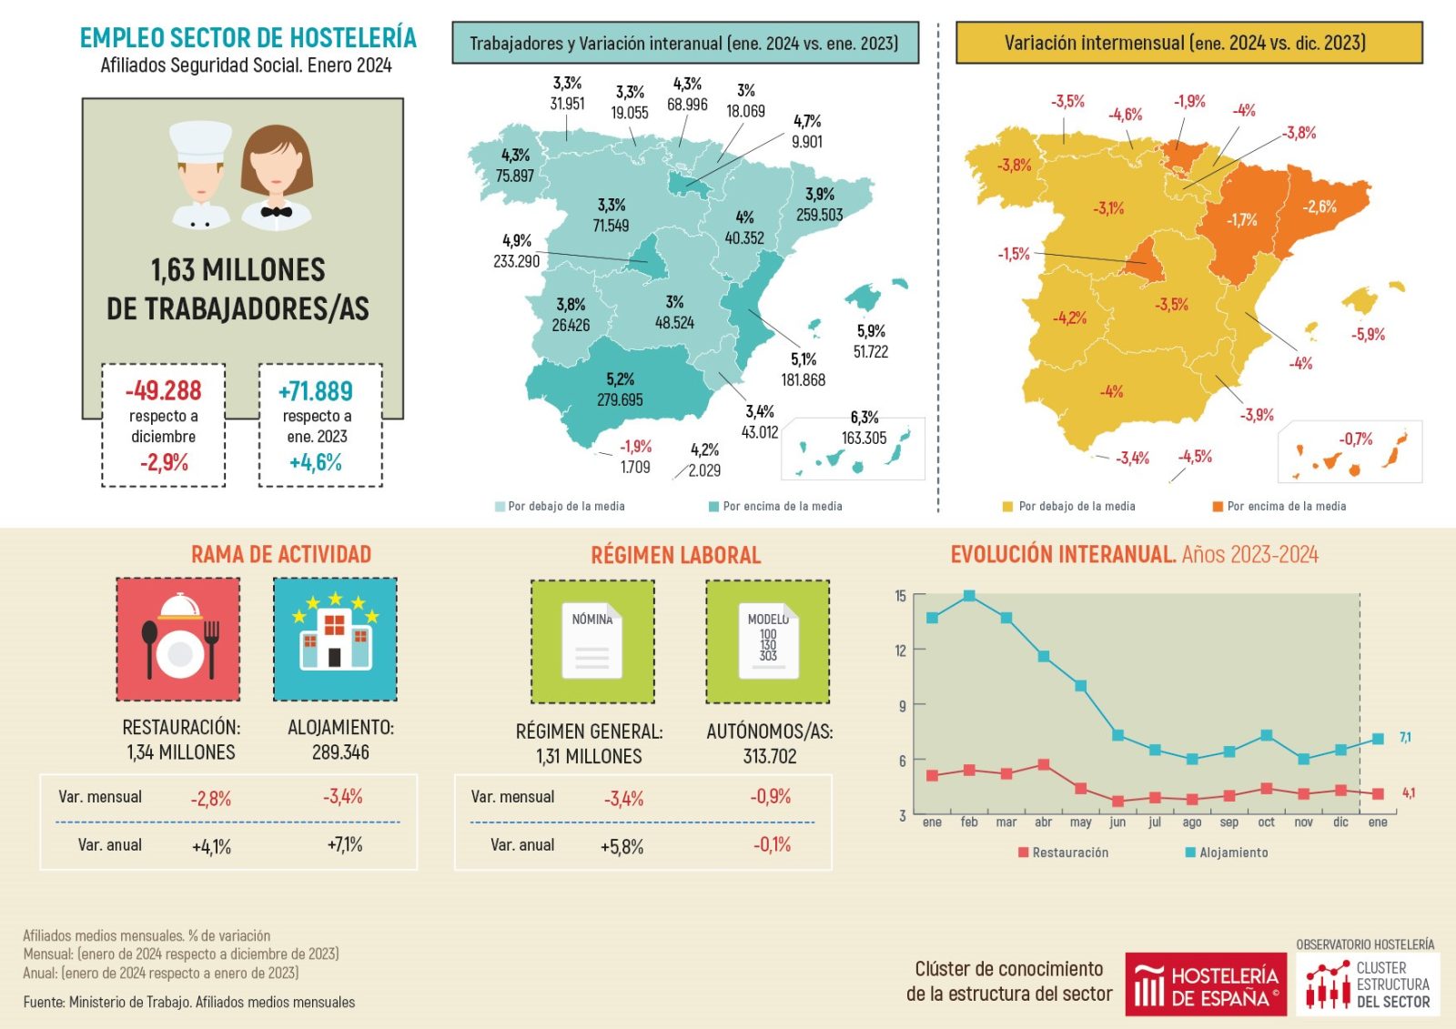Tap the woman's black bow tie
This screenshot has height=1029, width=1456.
[276, 212]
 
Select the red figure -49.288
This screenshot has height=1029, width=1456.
[164, 391]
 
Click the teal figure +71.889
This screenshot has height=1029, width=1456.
[316, 392]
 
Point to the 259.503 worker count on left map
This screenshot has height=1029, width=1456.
[819, 216]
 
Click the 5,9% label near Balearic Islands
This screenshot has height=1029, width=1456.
[871, 331]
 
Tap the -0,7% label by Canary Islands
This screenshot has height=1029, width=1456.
[1356, 439]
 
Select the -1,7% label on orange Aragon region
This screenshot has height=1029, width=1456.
[1241, 220]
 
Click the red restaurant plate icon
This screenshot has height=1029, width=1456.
[179, 640]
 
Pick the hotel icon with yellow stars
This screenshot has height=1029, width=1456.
[335, 639]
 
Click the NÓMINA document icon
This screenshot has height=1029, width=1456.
[592, 641]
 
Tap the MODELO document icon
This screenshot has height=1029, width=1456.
[768, 641]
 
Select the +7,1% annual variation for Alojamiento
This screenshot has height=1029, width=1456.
[345, 845]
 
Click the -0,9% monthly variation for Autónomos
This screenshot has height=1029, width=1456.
[771, 797]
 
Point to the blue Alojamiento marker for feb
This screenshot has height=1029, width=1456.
[969, 596]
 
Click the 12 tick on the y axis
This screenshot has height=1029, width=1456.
[901, 651]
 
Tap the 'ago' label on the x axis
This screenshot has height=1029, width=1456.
[1192, 822]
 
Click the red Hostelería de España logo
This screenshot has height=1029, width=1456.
[1206, 984]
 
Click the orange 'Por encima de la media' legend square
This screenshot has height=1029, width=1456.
[1218, 507]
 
